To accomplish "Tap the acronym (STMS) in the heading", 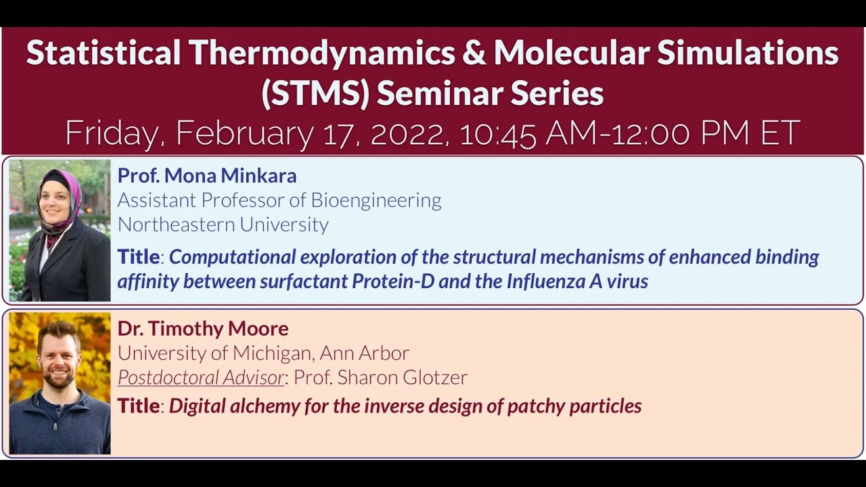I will (315, 93).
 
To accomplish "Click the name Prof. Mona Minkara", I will (207, 176).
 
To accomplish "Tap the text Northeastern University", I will (223, 225).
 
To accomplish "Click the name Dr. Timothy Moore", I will (203, 329).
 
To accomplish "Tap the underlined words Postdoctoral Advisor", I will (201, 377).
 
